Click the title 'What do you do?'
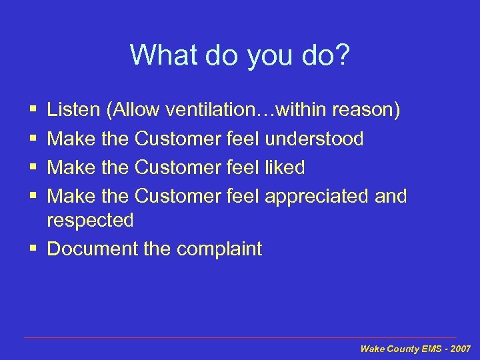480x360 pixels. coord(239,55)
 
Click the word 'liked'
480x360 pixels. coord(285,167)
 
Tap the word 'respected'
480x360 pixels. coord(90,220)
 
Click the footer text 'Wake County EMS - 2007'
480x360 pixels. coord(415,349)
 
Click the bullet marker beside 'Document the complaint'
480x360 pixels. coord(33,249)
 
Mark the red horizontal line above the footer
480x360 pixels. coord(240,338)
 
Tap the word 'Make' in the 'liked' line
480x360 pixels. coord(71,167)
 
